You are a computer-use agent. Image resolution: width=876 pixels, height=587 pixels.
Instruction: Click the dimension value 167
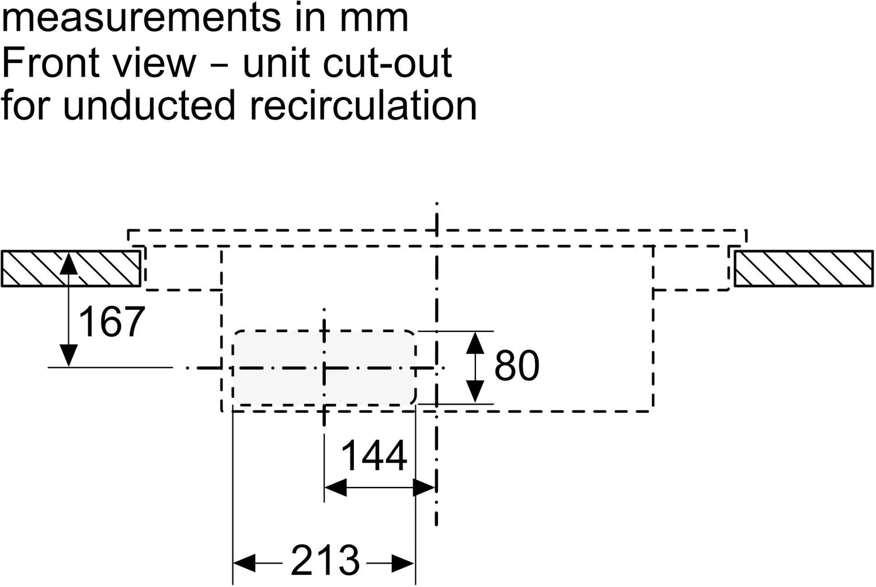[111, 322]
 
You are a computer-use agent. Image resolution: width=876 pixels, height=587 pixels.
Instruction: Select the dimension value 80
[516, 367]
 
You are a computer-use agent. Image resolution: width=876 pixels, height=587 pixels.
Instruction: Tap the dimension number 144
[374, 456]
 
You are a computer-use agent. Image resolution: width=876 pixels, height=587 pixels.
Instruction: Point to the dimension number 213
[325, 560]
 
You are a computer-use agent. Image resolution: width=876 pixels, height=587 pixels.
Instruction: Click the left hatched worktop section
[71, 268]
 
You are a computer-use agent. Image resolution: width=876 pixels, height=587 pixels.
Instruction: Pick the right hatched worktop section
[804, 268]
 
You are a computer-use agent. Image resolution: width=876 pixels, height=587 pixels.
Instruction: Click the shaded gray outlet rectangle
[324, 367]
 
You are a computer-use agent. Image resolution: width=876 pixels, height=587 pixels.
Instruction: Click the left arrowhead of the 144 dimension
[335, 487]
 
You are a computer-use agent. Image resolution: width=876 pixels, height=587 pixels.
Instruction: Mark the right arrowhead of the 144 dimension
[424, 487]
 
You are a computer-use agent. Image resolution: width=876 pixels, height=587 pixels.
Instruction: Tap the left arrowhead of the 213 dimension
[244, 564]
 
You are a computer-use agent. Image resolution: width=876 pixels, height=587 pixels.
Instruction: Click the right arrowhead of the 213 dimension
[404, 564]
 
